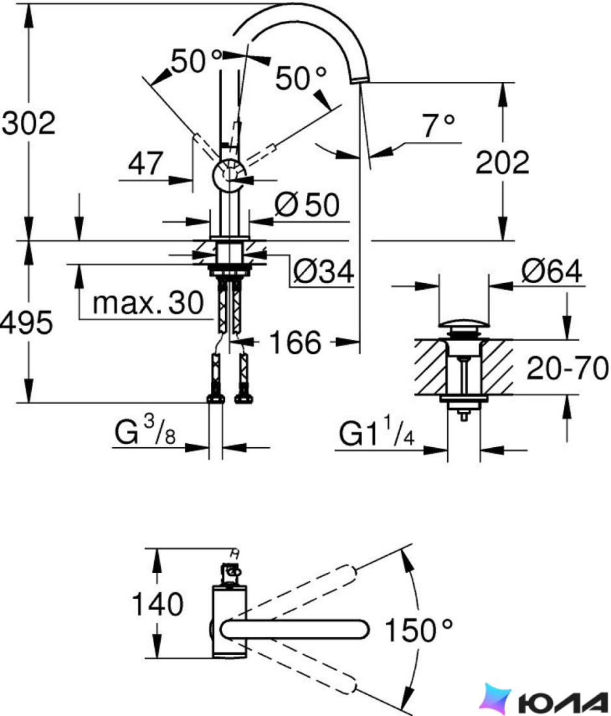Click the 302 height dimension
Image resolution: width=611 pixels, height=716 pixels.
(28, 123)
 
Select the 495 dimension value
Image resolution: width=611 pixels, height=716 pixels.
(26, 322)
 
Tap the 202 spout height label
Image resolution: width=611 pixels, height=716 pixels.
(502, 162)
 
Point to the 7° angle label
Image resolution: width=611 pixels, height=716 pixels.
(438, 126)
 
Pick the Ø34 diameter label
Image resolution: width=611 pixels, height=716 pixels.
(323, 271)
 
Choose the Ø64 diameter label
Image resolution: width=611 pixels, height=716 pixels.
(552, 271)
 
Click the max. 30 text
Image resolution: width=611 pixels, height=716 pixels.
(148, 303)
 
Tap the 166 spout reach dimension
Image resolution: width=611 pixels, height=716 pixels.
(295, 342)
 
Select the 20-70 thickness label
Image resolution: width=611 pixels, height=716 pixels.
(567, 368)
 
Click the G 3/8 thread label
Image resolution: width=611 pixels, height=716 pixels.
(144, 431)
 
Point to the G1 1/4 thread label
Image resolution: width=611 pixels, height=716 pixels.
(377, 432)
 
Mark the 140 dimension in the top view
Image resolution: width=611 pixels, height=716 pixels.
(157, 603)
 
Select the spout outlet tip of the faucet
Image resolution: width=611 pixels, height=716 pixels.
(360, 80)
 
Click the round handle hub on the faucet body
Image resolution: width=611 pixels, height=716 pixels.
(229, 176)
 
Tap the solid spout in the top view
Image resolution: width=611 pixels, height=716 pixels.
(295, 629)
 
